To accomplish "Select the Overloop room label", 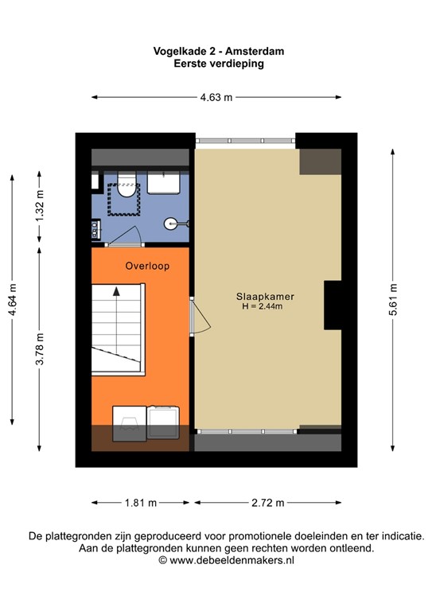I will click(x=146, y=266).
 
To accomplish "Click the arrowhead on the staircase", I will click(x=117, y=292).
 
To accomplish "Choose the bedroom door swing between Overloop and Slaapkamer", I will click(x=200, y=319).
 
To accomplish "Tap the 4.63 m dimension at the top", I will click(x=216, y=98).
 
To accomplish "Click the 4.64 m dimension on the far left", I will click(x=11, y=301).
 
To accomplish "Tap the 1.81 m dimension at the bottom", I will click(x=140, y=503).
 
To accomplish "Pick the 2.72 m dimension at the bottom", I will click(x=267, y=503).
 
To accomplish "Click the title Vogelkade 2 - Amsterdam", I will click(x=219, y=51).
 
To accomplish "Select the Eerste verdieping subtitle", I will click(x=219, y=64).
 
